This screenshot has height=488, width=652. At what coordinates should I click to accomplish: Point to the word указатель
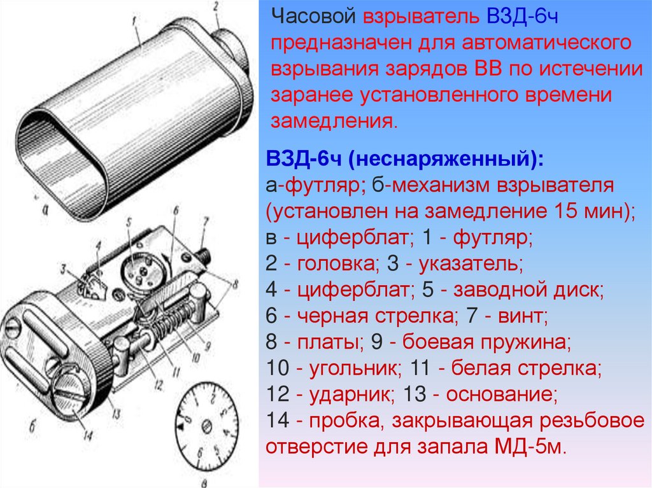(471, 263)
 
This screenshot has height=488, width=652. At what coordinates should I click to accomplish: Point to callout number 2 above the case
(216, 7)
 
